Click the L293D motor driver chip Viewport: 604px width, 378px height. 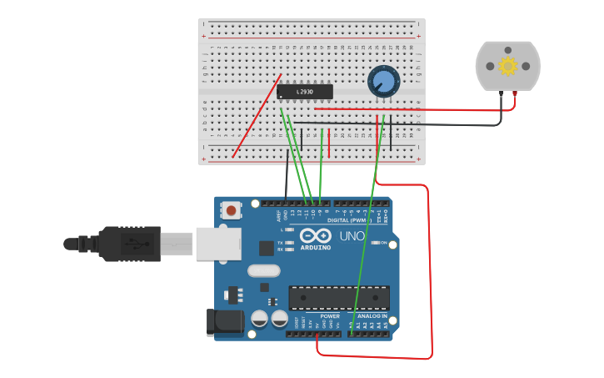pyautogui.click(x=304, y=92)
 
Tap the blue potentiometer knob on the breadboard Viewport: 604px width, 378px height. pyautogui.click(x=383, y=82)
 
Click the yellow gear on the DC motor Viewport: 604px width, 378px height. pyautogui.click(x=507, y=66)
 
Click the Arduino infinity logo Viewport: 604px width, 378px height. pyautogui.click(x=316, y=236)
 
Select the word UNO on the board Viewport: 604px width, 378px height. pyautogui.click(x=352, y=236)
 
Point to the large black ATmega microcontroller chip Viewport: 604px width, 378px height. pyautogui.click(x=339, y=297)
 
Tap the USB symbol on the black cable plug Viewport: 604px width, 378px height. pyautogui.click(x=133, y=244)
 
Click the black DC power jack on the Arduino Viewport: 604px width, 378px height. pyautogui.click(x=223, y=322)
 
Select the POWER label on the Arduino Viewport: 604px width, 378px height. pyautogui.click(x=330, y=316)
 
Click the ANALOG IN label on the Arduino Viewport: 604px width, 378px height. pyautogui.click(x=372, y=316)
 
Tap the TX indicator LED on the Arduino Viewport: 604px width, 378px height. pyautogui.click(x=288, y=243)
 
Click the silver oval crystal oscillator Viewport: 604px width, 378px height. pyautogui.click(x=263, y=270)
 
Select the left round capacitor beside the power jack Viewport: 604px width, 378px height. pyautogui.click(x=259, y=319)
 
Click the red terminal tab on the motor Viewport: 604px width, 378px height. pyautogui.click(x=515, y=94)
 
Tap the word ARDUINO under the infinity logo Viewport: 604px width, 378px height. pyautogui.click(x=316, y=248)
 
